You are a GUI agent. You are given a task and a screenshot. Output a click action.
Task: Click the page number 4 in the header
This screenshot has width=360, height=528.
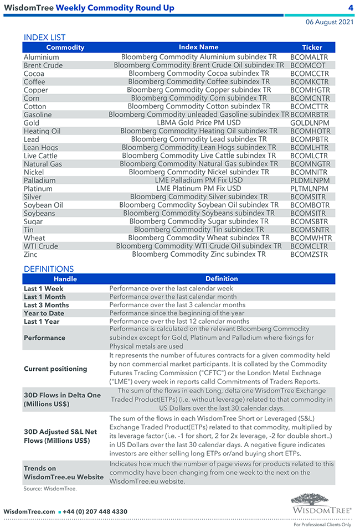(351, 8)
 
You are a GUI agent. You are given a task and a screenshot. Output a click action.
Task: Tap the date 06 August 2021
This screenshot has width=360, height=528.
(330, 22)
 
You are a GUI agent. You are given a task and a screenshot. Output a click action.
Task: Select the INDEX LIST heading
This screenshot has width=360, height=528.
(44, 38)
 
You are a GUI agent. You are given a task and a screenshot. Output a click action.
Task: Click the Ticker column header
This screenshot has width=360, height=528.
(312, 48)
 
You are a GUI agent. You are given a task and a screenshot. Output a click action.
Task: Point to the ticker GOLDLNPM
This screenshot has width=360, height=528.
(309, 123)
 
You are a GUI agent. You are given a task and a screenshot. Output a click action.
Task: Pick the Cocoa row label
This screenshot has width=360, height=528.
(34, 74)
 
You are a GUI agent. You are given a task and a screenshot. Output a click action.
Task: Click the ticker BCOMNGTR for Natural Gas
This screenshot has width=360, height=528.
(310, 164)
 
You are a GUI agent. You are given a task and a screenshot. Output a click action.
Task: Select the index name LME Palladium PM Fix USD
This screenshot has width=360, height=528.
(199, 180)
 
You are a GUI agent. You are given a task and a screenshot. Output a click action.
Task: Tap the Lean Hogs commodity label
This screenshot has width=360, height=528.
(40, 148)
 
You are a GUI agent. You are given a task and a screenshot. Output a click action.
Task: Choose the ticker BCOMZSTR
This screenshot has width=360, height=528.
(309, 255)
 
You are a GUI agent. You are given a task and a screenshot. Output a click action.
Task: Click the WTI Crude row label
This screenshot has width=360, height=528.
(40, 246)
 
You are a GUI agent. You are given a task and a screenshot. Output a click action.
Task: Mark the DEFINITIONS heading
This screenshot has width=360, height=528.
(49, 269)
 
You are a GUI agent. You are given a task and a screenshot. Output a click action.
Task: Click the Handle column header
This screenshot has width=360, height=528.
(65, 279)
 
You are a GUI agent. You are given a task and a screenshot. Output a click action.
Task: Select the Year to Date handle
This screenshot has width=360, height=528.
(44, 313)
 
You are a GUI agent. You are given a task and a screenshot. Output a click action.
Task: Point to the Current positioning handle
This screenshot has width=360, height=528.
(55, 369)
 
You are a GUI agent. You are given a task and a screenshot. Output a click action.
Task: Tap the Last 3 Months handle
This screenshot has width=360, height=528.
(47, 305)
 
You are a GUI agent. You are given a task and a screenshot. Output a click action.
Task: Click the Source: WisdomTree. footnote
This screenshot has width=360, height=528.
(50, 489)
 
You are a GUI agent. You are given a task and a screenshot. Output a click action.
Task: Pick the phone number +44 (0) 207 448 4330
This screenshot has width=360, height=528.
(95, 512)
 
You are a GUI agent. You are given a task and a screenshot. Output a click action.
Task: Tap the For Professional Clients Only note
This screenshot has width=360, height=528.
(322, 524)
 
